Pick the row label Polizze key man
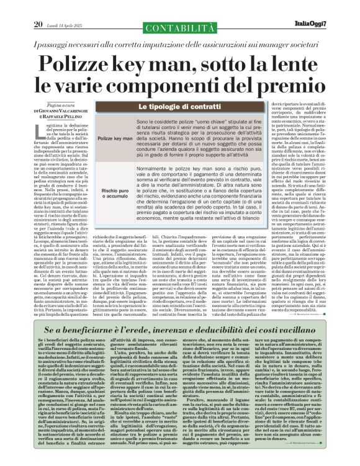pyautogui.click(x=114, y=138)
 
